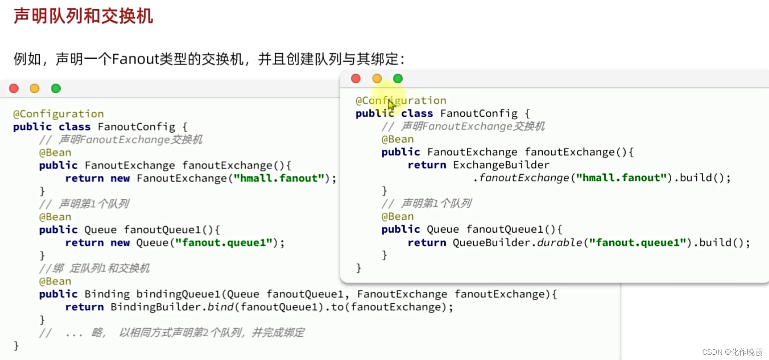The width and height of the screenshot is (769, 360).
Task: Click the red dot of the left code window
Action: pyautogui.click(x=14, y=88)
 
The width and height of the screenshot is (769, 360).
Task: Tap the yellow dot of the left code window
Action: pyautogui.click(x=35, y=88)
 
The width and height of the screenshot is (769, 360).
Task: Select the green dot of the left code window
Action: pyautogui.click(x=56, y=88)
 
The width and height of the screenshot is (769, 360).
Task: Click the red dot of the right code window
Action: pyautogui.click(x=356, y=79)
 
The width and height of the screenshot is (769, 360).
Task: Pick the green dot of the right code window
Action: pyautogui.click(x=398, y=79)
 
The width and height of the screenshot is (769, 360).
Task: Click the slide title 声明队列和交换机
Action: pyautogui.click(x=83, y=16)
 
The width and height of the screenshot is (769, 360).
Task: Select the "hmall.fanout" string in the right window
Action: pyautogui.click(x=621, y=178)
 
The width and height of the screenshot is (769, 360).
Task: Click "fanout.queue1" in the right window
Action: pyautogui.click(x=640, y=243)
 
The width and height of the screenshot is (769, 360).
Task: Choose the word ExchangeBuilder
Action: pyautogui.click(x=501, y=165)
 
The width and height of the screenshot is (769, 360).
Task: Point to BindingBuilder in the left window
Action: pyautogui.click(x=155, y=307)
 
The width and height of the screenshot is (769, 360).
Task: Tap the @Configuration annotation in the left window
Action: pyautogui.click(x=58, y=114)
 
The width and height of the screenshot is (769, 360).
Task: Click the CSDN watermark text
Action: pyautogui.click(x=732, y=352)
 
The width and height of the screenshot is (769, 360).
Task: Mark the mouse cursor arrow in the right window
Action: pyautogui.click(x=391, y=105)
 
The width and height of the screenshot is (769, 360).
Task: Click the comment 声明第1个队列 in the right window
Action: pyautogui.click(x=436, y=203)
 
